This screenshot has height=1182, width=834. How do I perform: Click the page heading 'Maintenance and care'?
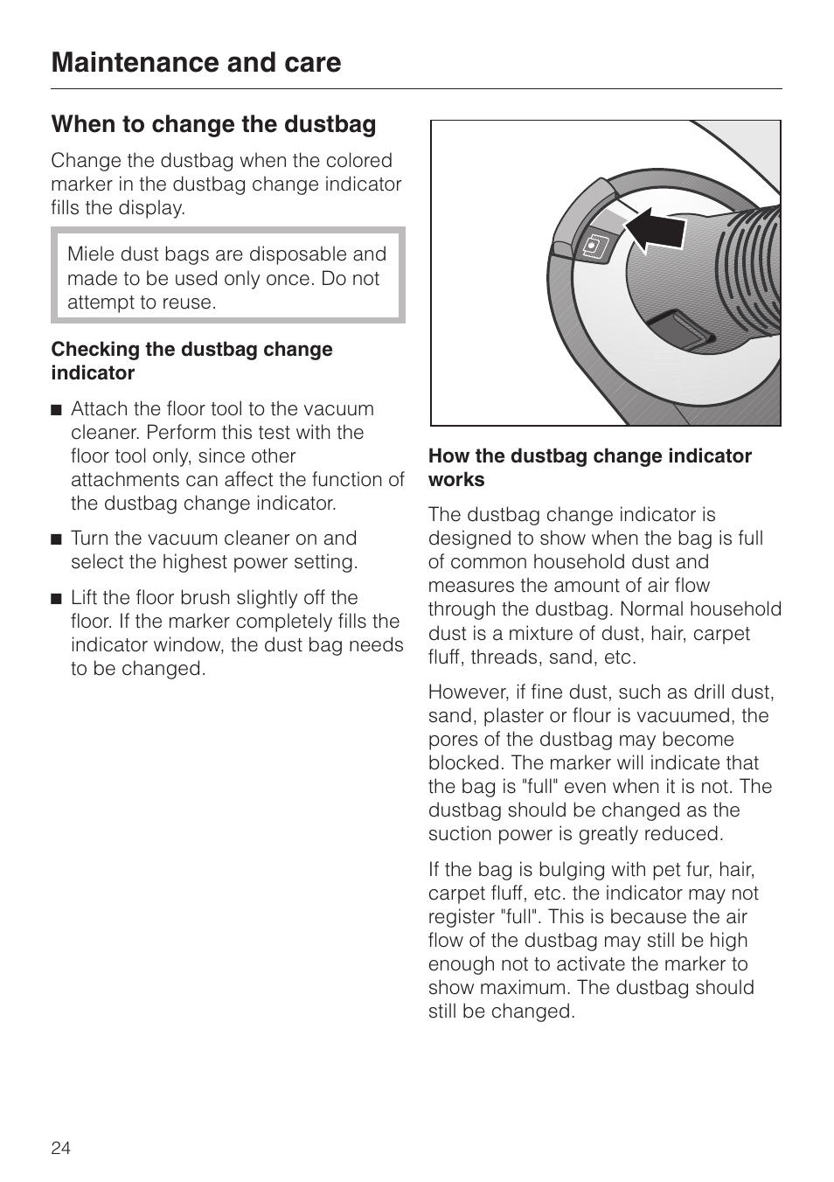click(x=196, y=63)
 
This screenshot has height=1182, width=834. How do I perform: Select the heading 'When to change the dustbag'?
click(x=213, y=124)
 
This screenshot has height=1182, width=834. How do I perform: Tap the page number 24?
click(x=60, y=1148)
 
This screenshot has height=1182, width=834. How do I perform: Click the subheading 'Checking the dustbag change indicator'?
click(x=191, y=361)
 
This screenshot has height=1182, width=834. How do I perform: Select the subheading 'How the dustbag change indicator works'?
click(x=589, y=468)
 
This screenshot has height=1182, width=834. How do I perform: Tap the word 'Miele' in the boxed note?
click(x=91, y=254)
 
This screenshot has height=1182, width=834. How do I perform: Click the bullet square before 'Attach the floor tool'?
click(x=57, y=410)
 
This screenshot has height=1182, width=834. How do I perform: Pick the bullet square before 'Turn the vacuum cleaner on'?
click(x=57, y=539)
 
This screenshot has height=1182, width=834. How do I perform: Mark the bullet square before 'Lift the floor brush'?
click(x=57, y=599)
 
